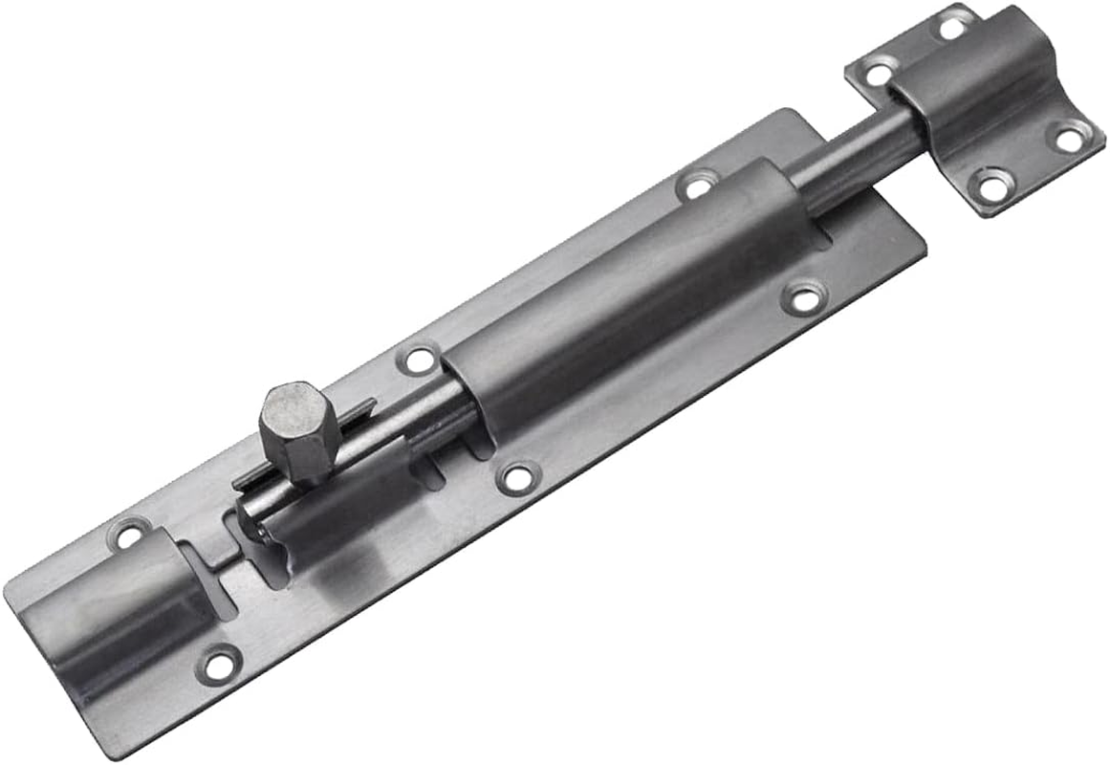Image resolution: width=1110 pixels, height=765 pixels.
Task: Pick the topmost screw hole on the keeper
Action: coord(952,26)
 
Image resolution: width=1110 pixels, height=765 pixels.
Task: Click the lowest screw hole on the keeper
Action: coord(993,185)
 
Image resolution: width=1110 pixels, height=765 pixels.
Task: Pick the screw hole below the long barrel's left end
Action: coord(518,477)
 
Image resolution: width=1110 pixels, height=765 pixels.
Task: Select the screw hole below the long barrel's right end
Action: coord(804,297)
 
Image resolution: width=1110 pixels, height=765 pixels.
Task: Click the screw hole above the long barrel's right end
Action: coord(699,186)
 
